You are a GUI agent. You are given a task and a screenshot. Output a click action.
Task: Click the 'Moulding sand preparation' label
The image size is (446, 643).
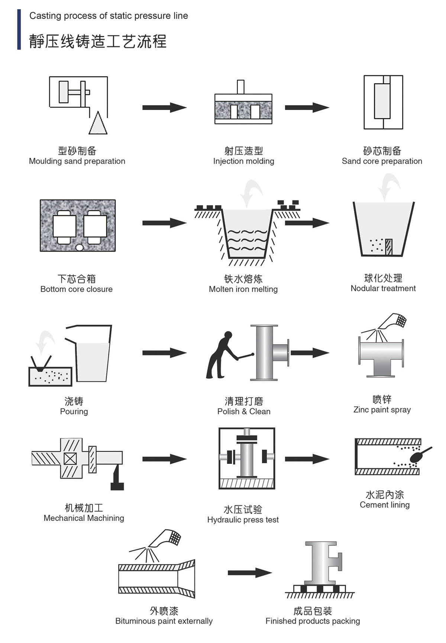coord(77,161)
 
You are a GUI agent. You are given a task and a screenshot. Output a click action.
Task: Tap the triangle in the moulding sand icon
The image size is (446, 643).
coord(98,124)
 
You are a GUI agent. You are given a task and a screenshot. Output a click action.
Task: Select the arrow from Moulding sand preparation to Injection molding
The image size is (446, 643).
coord(164,108)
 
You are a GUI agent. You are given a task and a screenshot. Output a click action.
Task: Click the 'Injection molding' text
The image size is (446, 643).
coord(243,161)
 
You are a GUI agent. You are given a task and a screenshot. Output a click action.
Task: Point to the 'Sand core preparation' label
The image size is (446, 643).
coord(382,161)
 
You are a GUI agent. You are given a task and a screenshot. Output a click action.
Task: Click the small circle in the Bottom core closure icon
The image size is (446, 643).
coord(79,248)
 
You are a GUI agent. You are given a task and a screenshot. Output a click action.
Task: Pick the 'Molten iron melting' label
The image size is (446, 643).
coord(243,289)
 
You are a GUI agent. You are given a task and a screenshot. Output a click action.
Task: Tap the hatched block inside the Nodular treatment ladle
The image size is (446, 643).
coord(389,247)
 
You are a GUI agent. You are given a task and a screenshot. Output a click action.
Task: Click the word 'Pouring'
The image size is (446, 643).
coord(74,411)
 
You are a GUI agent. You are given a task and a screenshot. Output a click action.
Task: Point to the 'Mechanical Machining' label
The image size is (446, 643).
coord(84,518)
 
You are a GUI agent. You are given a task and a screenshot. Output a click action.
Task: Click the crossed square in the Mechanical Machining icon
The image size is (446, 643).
coord(70,459)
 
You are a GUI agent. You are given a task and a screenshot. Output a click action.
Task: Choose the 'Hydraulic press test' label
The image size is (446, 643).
coord(243,520)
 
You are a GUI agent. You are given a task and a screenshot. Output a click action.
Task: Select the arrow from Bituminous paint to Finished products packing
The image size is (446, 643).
coord(249,573)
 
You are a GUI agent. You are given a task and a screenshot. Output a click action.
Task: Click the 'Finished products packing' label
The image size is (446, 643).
coord(313,621)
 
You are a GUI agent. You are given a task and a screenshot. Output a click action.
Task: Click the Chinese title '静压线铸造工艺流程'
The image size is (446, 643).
coord(98,41)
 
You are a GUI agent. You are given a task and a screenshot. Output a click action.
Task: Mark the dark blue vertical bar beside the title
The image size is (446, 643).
coord(19,29)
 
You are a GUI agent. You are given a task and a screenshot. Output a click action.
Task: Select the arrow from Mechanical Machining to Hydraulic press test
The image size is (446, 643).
coord(164,459)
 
